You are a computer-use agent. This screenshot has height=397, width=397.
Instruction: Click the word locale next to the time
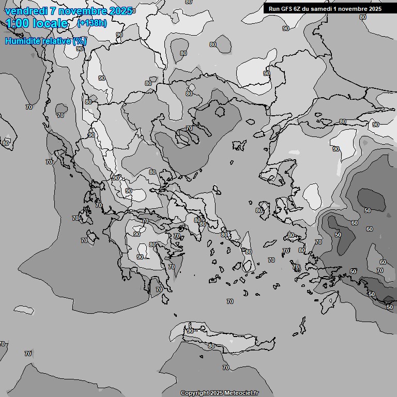(x=50, y=23)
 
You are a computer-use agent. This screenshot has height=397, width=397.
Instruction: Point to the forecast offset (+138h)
(x=91, y=23)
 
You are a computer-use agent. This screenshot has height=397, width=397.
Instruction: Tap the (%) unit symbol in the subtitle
(x=79, y=41)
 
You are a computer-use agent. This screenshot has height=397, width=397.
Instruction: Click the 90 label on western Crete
(x=190, y=331)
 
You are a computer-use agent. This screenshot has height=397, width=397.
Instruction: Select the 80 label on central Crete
(x=211, y=346)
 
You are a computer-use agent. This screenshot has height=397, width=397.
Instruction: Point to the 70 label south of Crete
(x=225, y=368)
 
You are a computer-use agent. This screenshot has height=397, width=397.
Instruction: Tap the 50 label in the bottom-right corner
(x=389, y=307)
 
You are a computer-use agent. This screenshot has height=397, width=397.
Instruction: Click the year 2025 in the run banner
(x=374, y=9)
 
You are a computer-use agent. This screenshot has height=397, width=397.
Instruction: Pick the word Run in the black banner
(x=274, y=9)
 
